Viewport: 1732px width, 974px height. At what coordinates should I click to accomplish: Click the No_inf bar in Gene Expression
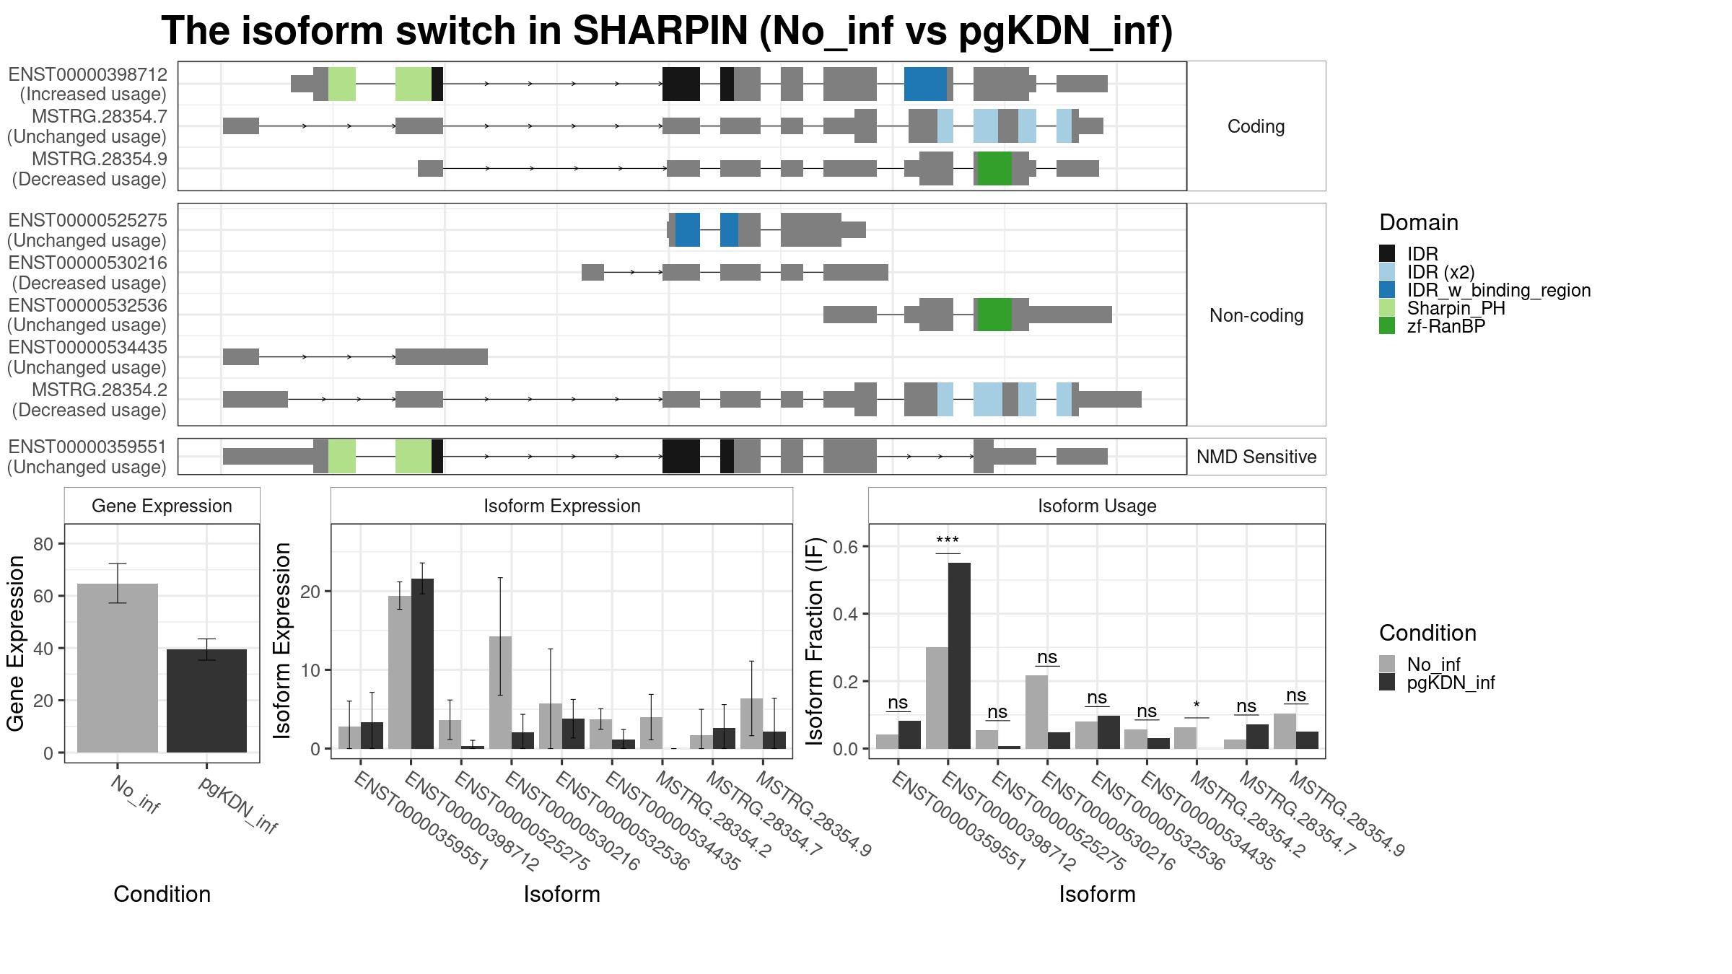(118, 668)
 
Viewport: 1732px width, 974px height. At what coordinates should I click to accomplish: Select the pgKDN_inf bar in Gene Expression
(206, 701)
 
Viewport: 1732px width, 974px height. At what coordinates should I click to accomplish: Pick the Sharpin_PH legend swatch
(1387, 308)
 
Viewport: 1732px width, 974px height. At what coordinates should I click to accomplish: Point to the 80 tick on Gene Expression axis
(43, 544)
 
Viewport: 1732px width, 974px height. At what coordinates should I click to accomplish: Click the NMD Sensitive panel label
(1256, 457)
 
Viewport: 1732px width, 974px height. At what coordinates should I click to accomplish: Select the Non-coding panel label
(1256, 315)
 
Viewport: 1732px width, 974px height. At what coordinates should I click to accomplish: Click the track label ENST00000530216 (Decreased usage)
(87, 273)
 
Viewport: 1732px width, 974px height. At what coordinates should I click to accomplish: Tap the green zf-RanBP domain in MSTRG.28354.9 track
(994, 168)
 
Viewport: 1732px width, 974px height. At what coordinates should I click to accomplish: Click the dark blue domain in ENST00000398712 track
(925, 84)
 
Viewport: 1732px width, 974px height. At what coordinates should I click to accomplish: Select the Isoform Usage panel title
(1097, 506)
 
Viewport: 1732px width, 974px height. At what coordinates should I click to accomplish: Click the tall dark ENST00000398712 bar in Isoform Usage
(959, 656)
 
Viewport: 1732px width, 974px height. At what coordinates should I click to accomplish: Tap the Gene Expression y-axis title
(16, 644)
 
